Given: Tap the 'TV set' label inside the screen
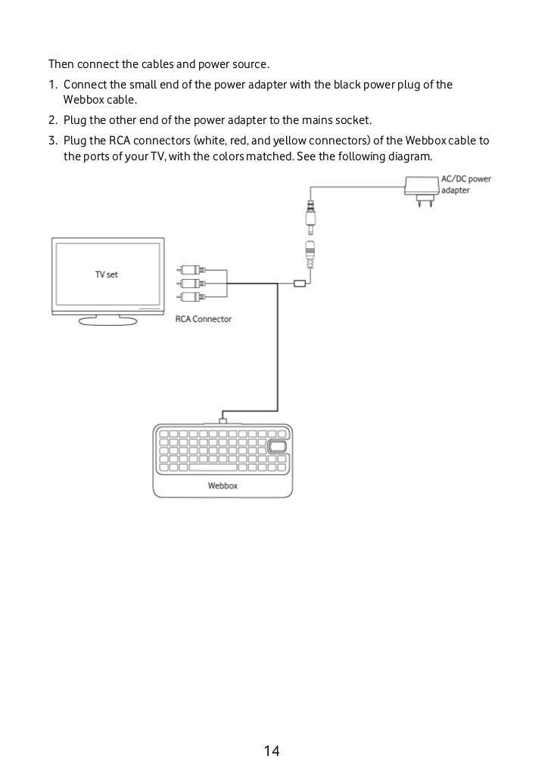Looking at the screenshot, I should tap(106, 274).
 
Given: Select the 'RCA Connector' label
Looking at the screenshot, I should tap(204, 319).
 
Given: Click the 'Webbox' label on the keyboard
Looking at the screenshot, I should tap(223, 485).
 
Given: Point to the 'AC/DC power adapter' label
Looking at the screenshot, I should tap(465, 185).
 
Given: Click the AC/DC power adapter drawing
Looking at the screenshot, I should tap(418, 187).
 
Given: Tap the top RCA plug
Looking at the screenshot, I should tap(188, 269).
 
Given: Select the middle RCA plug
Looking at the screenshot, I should tap(188, 284).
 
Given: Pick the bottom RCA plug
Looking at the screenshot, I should tap(188, 297).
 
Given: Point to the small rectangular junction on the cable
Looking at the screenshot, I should tap(300, 284).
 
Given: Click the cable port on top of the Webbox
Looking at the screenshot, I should tap(222, 419).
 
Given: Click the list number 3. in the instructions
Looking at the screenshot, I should tap(53, 141).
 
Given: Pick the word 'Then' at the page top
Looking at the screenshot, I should tap(61, 63).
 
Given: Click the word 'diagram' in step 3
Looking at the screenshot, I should tap(410, 157).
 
